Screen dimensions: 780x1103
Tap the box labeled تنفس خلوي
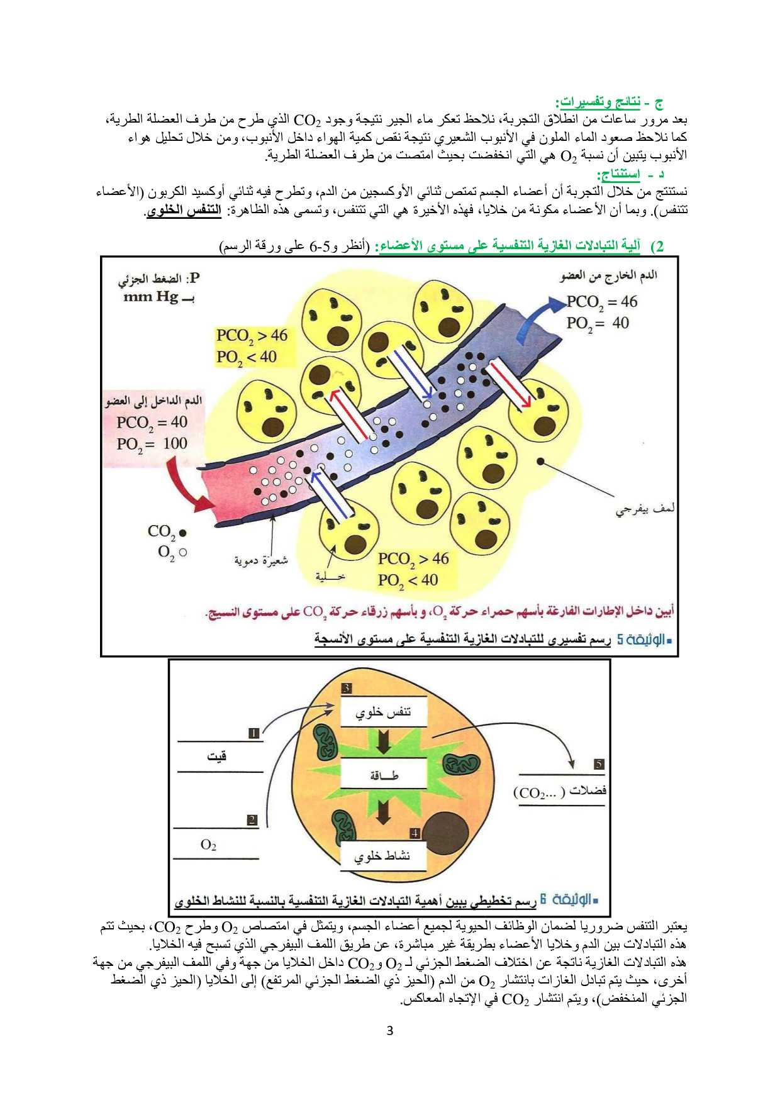point(383,712)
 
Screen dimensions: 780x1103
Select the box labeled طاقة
point(383,774)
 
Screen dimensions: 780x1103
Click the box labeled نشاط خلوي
point(383,855)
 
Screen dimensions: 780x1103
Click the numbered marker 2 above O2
point(252,820)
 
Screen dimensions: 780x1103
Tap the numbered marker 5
point(599,764)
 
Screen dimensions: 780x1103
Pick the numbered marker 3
point(347,688)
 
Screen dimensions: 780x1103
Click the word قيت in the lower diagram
point(217,756)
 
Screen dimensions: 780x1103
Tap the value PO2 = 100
point(152,444)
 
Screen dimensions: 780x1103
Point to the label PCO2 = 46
point(602,302)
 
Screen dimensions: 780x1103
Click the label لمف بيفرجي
point(645,508)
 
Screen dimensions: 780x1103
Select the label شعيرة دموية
point(261,560)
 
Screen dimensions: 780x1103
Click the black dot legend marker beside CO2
point(183,533)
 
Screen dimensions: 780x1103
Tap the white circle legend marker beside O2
point(183,553)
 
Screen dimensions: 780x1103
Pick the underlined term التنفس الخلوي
point(184,209)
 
